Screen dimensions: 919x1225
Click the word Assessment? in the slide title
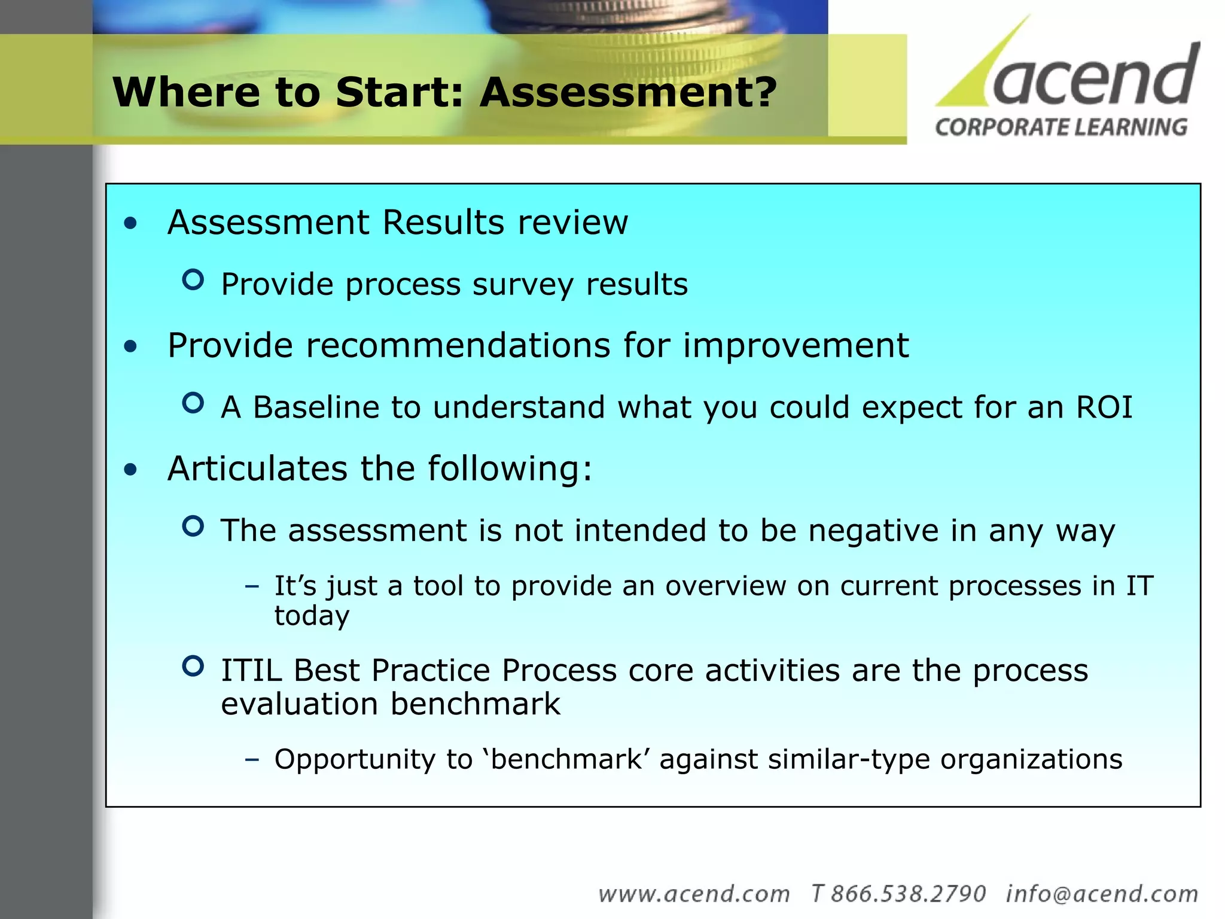[x=628, y=93]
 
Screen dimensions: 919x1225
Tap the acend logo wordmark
[x=1095, y=75]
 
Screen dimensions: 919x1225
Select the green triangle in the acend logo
[x=981, y=72]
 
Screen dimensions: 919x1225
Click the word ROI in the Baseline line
[x=1104, y=407]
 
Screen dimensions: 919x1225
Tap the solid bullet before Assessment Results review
[x=130, y=224]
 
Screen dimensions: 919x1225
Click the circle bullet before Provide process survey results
[x=193, y=279]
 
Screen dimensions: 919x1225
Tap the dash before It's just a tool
[x=252, y=586]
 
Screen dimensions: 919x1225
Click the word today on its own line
[x=312, y=616]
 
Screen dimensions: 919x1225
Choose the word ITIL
[x=251, y=671]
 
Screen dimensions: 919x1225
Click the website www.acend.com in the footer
[x=694, y=894]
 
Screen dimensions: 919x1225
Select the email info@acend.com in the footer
[x=1102, y=894]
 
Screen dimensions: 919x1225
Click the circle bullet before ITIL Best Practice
[x=193, y=666]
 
